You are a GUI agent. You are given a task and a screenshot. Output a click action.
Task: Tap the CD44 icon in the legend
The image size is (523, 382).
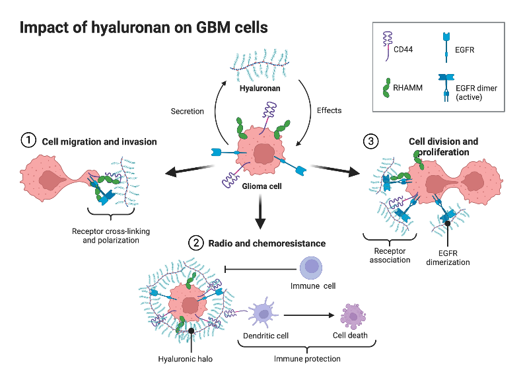(x=387, y=48)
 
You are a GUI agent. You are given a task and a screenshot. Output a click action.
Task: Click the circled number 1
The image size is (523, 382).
(x=28, y=140)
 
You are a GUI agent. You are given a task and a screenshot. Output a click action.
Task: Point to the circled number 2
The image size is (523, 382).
(x=196, y=243)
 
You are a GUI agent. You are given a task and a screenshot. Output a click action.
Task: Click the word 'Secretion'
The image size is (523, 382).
(x=188, y=110)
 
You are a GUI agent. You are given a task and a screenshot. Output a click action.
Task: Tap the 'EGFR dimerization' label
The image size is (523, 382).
(x=448, y=257)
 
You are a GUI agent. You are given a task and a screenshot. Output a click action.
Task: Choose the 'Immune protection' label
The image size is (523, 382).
(x=307, y=359)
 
